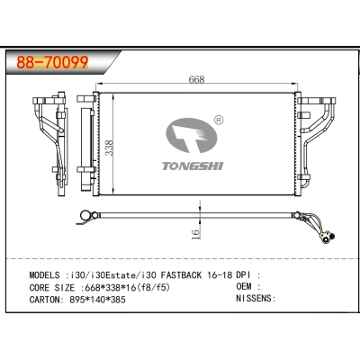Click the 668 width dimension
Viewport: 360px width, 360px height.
coord(195,79)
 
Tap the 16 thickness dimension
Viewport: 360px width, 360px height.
coord(195,231)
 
